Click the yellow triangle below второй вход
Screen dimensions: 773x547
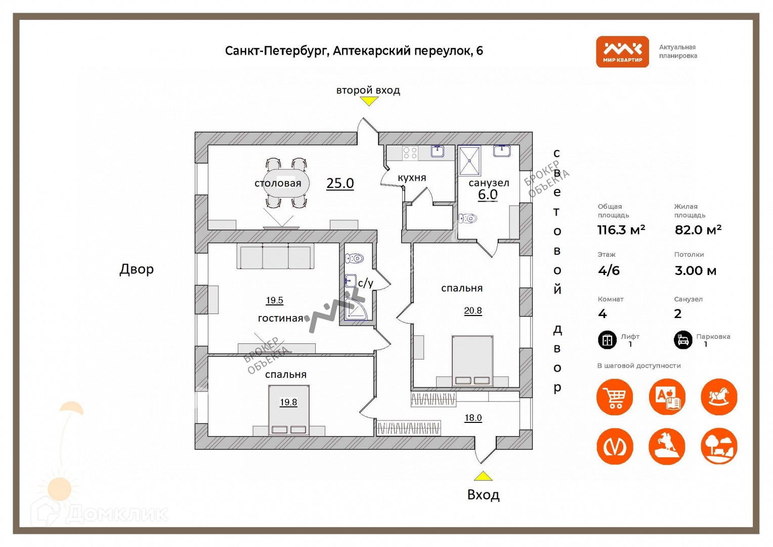(x=369, y=101)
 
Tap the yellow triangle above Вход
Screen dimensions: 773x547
(x=483, y=476)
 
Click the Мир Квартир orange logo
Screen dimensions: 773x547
(x=622, y=52)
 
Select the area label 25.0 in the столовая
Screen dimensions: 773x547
(x=340, y=183)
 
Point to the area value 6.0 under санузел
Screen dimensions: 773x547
(x=488, y=194)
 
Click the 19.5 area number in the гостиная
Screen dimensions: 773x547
(x=275, y=300)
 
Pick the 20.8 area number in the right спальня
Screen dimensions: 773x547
(x=473, y=310)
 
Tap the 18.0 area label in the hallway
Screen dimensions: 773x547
(x=473, y=418)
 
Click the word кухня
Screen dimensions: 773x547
(x=412, y=178)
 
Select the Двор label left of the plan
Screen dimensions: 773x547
(x=137, y=269)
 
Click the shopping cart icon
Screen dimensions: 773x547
(x=615, y=397)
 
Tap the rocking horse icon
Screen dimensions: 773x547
(x=719, y=397)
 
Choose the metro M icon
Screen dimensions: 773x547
(x=615, y=446)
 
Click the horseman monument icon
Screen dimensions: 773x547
(x=667, y=446)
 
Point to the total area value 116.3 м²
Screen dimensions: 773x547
(x=621, y=230)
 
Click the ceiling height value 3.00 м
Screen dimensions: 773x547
(x=696, y=270)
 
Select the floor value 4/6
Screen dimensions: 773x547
(x=609, y=270)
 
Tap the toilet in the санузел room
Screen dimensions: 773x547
(x=468, y=219)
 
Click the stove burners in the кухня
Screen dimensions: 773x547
(x=410, y=152)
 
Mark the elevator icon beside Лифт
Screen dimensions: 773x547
(x=607, y=340)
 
